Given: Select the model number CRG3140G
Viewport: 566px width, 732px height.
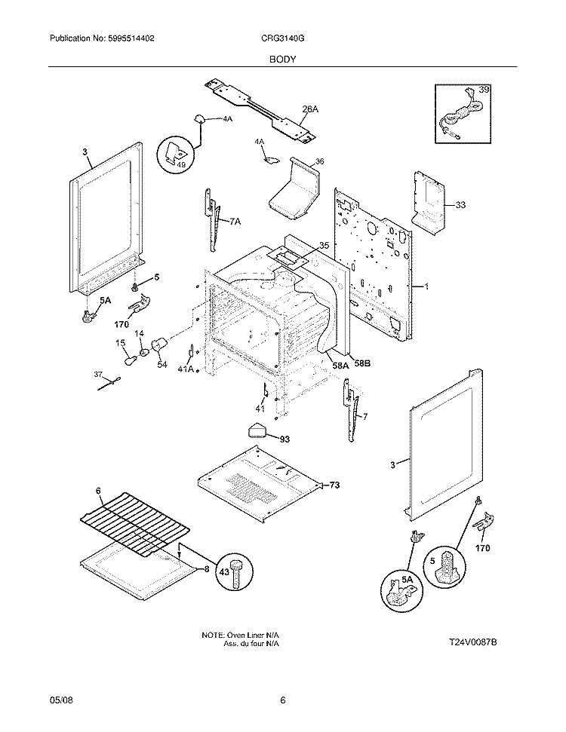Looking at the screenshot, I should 283,38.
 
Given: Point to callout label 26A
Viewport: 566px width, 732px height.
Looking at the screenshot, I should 310,110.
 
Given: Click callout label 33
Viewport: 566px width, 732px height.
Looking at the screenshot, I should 460,204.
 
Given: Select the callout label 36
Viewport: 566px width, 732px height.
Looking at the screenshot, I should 319,161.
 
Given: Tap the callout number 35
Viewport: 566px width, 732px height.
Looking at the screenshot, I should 324,246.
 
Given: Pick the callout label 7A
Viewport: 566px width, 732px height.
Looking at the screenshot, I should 235,222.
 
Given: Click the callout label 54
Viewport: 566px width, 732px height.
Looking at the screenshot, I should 161,365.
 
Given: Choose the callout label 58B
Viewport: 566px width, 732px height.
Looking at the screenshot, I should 362,364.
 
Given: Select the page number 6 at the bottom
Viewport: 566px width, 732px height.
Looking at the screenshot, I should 282,700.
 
